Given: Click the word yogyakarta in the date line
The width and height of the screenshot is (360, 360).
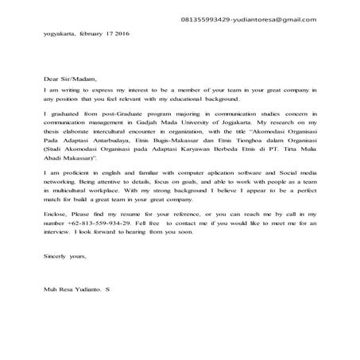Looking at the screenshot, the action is point(60,34).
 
